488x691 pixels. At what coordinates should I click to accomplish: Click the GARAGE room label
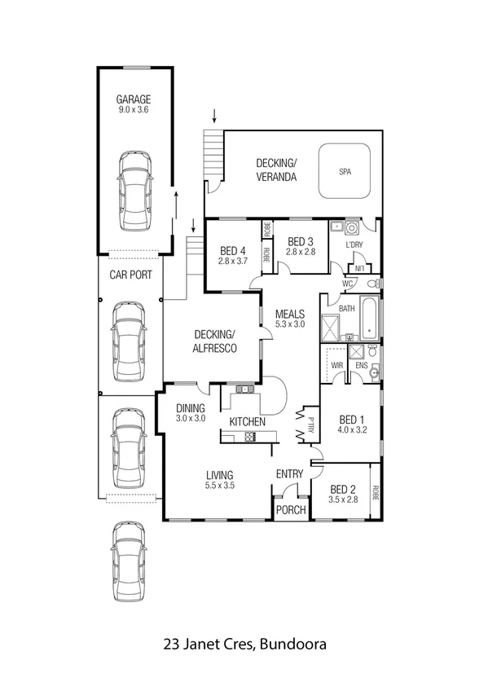pyautogui.click(x=134, y=100)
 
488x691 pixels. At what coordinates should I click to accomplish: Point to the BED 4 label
pyautogui.click(x=232, y=250)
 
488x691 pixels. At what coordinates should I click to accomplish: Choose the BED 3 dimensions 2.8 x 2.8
pyautogui.click(x=300, y=253)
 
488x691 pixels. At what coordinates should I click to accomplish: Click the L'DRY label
pyautogui.click(x=354, y=245)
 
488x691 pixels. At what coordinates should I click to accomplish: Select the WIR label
pyautogui.click(x=336, y=366)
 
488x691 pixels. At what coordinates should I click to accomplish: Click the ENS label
pyautogui.click(x=362, y=366)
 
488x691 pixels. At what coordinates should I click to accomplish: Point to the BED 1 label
pyautogui.click(x=353, y=420)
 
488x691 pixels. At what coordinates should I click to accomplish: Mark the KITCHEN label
pyautogui.click(x=248, y=421)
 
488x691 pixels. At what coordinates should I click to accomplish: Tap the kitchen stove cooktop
pyautogui.click(x=249, y=438)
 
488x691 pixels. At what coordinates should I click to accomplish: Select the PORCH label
pyautogui.click(x=291, y=511)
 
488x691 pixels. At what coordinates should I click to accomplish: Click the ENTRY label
pyautogui.click(x=289, y=474)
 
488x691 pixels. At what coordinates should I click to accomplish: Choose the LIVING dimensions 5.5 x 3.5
pyautogui.click(x=220, y=486)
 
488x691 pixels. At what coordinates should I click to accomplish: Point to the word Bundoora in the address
pyautogui.click(x=292, y=645)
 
